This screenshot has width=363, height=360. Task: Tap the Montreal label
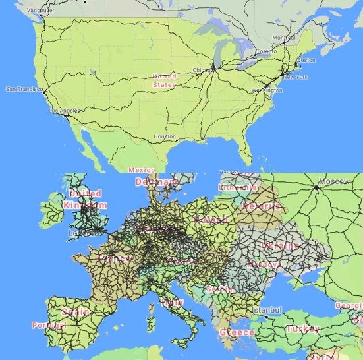point(283,38)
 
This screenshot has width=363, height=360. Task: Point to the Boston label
point(306,60)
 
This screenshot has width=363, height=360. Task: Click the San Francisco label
point(23,89)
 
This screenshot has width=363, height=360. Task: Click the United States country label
point(164,80)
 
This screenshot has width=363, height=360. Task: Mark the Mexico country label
point(142,170)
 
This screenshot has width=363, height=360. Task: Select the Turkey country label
point(302,328)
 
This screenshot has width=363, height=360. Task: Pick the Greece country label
point(237,332)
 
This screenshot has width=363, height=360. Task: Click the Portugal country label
point(48,326)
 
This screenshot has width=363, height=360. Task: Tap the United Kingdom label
point(85,199)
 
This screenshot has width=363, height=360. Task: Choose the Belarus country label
point(262,206)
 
